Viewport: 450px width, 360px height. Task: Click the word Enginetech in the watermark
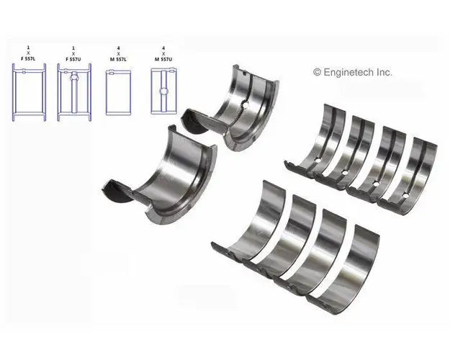pyautogui.click(x=354, y=72)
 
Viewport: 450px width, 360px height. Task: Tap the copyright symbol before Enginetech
pyautogui.click(x=316, y=72)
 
